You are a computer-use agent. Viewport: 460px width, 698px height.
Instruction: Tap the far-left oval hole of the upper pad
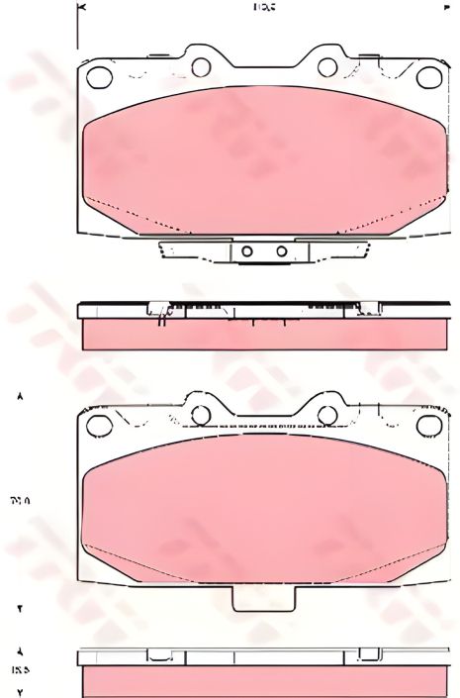97,76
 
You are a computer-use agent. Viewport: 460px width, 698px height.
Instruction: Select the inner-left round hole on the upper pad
201,68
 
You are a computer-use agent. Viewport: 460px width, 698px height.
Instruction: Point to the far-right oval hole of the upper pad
427,76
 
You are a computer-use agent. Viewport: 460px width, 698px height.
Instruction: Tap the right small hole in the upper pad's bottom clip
281,251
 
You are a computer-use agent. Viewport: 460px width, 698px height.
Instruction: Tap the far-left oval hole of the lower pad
97,427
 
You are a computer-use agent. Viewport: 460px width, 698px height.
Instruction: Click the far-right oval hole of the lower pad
427,427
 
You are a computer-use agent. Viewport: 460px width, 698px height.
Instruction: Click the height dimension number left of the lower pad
20,500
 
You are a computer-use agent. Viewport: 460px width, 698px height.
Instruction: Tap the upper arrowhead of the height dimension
20,396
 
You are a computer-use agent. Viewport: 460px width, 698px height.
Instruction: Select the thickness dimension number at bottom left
20,669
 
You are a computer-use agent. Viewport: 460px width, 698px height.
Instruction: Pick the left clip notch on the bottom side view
158,655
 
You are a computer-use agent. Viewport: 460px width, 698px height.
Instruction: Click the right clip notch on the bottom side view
368,655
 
